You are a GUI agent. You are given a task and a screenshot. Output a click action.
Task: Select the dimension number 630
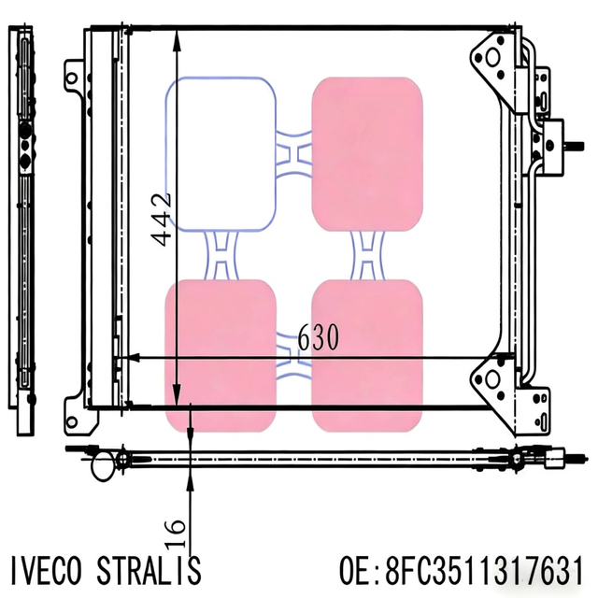pos(319,336)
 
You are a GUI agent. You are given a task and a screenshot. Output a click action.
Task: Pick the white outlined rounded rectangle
pos(221,154)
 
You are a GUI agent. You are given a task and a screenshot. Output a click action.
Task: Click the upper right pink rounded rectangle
pos(366,154)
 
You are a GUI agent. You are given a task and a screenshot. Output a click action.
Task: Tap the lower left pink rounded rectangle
pos(221,355)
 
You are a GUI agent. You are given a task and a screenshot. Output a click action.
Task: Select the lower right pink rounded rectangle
pos(366,355)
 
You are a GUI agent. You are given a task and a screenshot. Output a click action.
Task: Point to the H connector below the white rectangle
pos(221,255)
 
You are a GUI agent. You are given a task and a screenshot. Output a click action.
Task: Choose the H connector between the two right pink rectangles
pos(366,255)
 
